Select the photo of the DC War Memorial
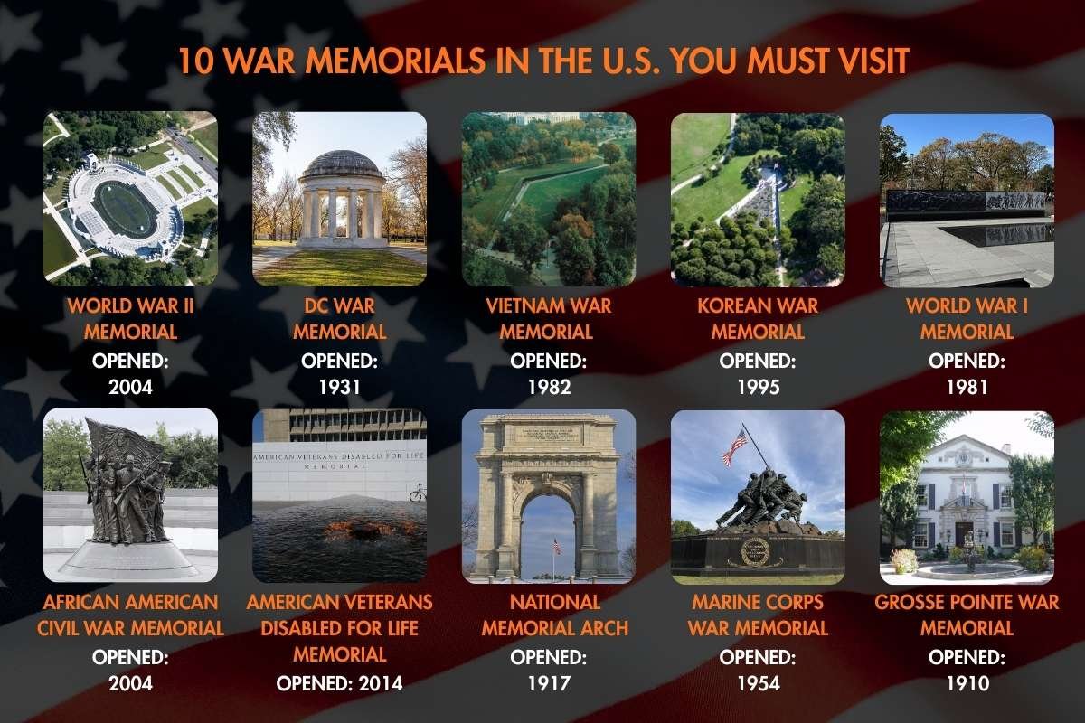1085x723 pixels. point(339,199)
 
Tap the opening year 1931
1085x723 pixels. point(339,387)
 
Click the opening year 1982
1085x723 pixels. point(549,387)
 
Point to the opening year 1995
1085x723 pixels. point(758,387)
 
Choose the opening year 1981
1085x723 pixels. point(967,387)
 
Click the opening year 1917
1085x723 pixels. point(549,682)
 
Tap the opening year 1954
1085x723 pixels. point(758,682)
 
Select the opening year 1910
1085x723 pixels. point(967,682)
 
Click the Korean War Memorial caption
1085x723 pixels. point(758,318)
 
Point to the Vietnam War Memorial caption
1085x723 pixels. point(549,318)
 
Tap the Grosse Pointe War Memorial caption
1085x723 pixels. point(967,615)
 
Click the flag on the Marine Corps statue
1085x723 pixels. point(735,446)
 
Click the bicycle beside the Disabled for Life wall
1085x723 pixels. point(416,493)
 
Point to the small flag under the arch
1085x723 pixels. point(556,544)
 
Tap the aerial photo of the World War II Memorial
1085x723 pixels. point(130,199)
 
